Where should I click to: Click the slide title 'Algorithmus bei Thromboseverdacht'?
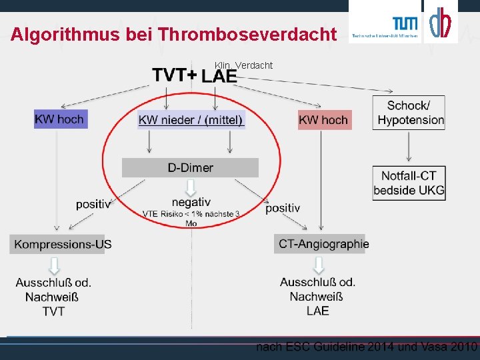point(174,34)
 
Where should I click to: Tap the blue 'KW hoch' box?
point(59,119)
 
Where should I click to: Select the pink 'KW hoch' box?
point(323,120)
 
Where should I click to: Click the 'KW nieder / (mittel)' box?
point(191,120)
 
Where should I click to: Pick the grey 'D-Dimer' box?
point(190,167)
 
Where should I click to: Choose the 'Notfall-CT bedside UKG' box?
point(409,183)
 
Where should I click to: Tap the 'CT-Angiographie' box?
point(323,244)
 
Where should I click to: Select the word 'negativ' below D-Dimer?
point(191,202)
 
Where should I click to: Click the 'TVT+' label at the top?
point(173,75)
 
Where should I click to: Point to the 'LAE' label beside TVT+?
point(219,77)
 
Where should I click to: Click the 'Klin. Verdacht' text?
point(243,65)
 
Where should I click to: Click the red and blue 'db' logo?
point(440,23)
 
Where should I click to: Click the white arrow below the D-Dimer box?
point(191,186)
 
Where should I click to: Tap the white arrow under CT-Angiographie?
point(318,265)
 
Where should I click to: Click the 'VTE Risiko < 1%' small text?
point(191,215)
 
